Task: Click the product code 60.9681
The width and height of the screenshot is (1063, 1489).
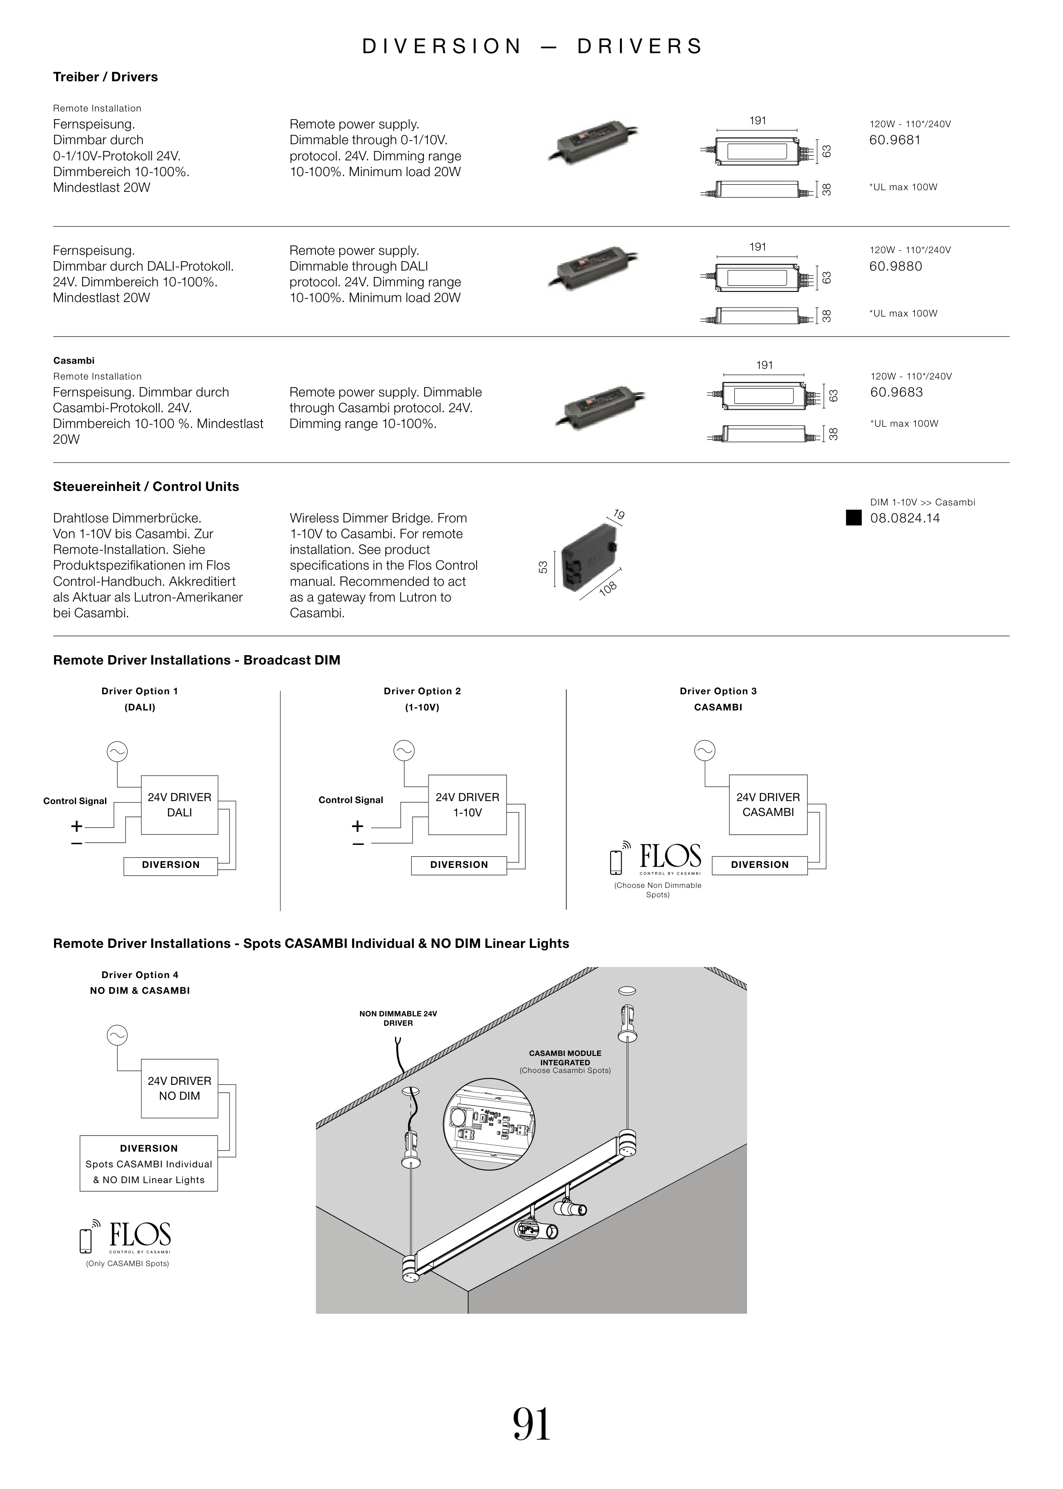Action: click(895, 140)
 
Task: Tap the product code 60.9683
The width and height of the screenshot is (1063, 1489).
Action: click(896, 392)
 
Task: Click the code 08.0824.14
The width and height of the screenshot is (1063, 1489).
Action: click(904, 518)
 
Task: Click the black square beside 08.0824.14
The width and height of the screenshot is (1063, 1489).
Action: click(853, 518)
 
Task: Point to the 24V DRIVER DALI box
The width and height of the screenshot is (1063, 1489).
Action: click(179, 805)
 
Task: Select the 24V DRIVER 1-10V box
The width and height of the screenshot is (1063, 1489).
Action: click(467, 805)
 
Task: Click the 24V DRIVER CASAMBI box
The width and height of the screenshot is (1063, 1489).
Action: click(768, 805)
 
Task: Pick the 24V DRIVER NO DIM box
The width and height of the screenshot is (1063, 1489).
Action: click(179, 1088)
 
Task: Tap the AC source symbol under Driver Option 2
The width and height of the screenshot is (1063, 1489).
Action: click(404, 751)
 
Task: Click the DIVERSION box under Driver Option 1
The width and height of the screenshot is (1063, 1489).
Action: click(171, 865)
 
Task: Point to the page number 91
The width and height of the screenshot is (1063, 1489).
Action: click(531, 1424)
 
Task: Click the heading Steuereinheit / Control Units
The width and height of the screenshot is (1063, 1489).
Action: click(146, 487)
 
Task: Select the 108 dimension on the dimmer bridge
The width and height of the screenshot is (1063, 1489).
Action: click(608, 588)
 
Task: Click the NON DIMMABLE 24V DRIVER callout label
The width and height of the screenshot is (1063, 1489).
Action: click(398, 1018)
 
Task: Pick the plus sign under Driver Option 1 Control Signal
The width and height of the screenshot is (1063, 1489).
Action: click(77, 826)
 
